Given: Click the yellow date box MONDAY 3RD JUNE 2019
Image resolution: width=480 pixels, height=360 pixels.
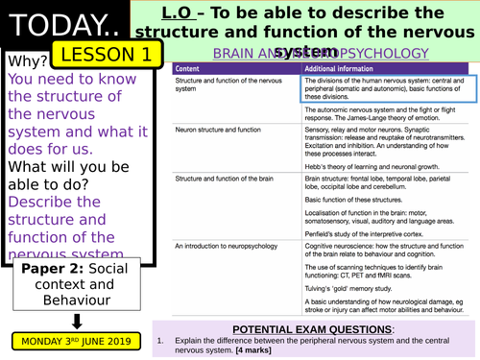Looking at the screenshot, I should tap(78, 339).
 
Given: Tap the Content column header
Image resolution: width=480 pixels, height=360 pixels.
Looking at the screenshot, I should tap(187, 70).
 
